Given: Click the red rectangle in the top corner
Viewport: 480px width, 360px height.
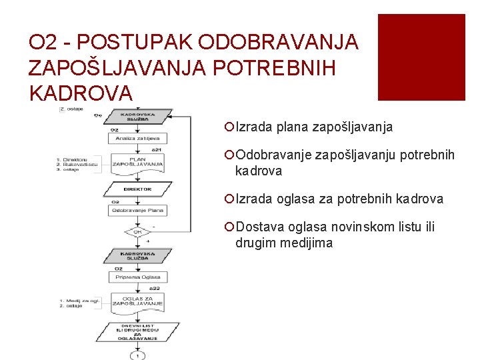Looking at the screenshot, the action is click(421, 57).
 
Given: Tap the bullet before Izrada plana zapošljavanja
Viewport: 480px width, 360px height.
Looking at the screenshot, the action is click(229, 127).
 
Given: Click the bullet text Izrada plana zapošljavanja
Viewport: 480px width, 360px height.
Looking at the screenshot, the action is click(314, 127).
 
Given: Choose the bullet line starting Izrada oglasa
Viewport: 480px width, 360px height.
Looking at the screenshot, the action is click(339, 199).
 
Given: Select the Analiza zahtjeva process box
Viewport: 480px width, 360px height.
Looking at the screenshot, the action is click(137, 138).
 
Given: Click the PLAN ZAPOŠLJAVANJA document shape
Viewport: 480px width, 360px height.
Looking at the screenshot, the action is click(137, 162).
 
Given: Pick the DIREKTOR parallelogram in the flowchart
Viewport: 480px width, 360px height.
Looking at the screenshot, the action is click(137, 189).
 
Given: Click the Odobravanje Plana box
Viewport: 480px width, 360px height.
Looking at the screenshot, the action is click(137, 210).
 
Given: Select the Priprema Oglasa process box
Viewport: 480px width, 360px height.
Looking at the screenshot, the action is click(137, 277).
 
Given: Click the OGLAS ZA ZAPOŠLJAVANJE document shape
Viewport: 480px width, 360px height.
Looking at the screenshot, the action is click(137, 301).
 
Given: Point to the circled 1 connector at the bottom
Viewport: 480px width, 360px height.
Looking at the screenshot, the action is click(138, 355).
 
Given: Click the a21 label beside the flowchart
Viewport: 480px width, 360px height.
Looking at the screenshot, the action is click(156, 149).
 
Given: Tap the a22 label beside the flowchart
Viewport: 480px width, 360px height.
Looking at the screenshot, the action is click(155, 288).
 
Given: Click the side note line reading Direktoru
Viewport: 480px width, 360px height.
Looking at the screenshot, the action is click(75, 159).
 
